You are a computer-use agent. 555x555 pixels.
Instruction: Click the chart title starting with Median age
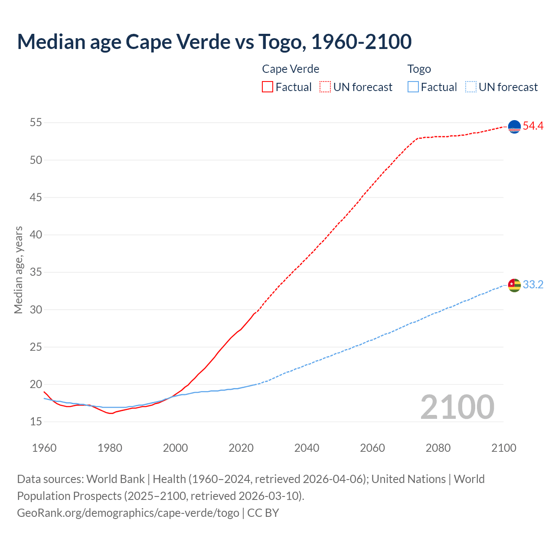[x=214, y=42]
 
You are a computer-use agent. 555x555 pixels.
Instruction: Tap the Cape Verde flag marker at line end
[x=514, y=127]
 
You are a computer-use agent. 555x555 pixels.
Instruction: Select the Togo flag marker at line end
[x=514, y=285]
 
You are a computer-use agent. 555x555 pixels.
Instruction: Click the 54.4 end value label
[x=533, y=126]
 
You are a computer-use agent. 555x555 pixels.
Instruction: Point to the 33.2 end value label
[x=533, y=285]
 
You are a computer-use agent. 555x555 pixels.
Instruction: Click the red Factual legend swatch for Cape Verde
[x=268, y=87]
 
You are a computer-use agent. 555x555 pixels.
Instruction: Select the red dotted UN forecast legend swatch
[x=325, y=87]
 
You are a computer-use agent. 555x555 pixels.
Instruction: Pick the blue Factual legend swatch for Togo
[x=413, y=87]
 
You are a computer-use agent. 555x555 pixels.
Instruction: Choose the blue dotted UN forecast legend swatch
[x=470, y=87]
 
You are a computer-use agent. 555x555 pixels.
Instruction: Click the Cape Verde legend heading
[x=291, y=69]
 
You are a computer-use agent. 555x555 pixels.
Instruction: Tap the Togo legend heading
[x=419, y=69]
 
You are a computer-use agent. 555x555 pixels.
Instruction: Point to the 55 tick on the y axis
[x=36, y=123]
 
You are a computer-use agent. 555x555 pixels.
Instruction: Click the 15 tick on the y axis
[x=36, y=422]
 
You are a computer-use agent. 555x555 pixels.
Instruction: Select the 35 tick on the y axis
[x=36, y=272]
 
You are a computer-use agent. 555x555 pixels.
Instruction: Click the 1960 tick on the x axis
[x=44, y=448]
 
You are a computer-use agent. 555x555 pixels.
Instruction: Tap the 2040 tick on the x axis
[x=307, y=448]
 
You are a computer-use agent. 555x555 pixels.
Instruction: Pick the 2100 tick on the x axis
[x=504, y=448]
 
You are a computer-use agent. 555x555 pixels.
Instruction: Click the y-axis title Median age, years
[x=18, y=270]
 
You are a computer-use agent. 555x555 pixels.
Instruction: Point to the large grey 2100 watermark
[x=457, y=407]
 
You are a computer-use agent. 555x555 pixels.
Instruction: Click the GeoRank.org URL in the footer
[x=128, y=513]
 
